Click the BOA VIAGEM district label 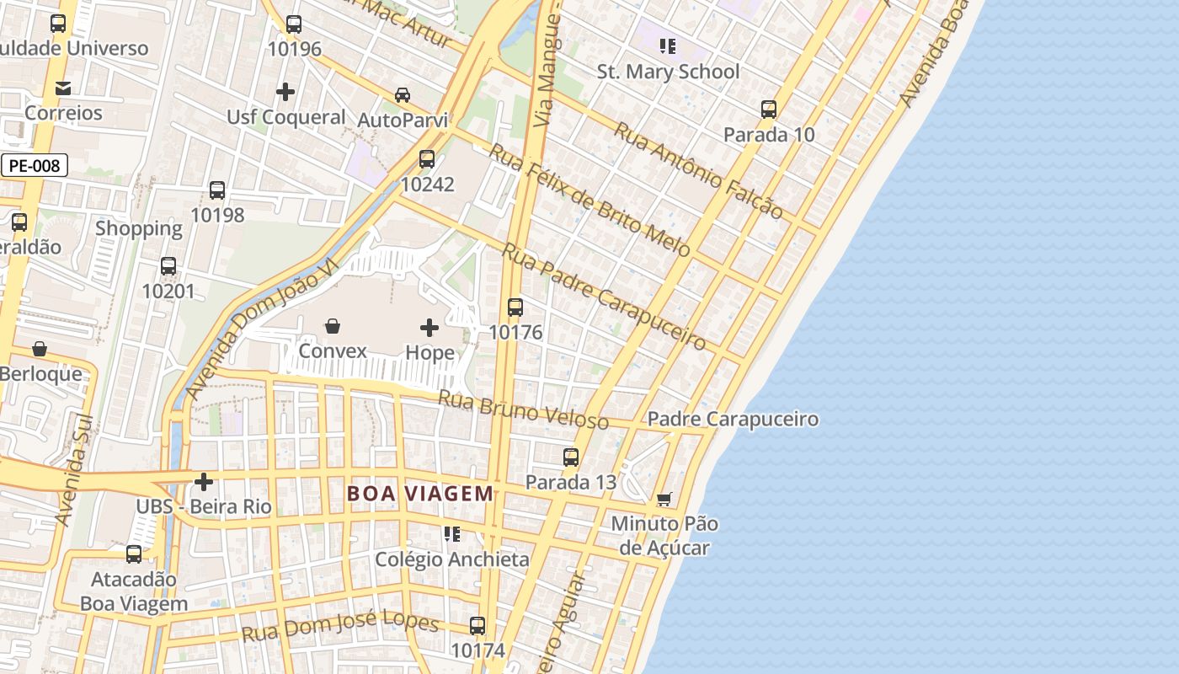pos(420,494)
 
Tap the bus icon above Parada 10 pos(768,110)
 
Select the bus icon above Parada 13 pos(571,457)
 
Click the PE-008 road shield pos(34,166)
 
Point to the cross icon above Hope pos(429,327)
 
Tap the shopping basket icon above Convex pos(333,326)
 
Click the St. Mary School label pos(668,72)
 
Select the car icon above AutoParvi pos(403,95)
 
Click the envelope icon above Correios pos(62,88)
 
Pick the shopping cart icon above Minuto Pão pos(664,500)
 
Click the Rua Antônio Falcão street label pos(698,171)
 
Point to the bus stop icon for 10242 pos(427,159)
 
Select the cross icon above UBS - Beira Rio pos(204,482)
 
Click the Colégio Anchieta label pos(452,559)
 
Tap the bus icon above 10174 pos(477,626)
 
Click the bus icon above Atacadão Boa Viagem pos(134,554)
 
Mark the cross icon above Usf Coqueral pos(285,91)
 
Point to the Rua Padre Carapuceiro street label pos(604,297)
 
